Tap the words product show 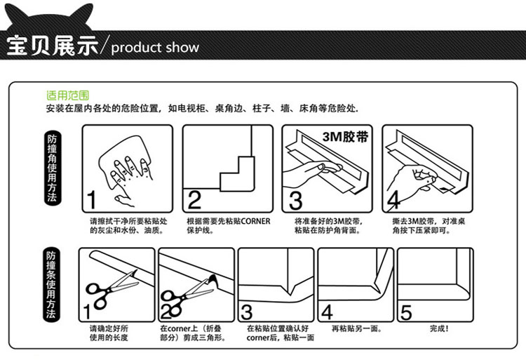coord(155,48)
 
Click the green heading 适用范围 coord(67,95)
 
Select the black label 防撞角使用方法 coord(50,168)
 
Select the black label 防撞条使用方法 coord(50,285)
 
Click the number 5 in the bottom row coord(406,311)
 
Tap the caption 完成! coord(439,328)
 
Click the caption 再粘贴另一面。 coord(356,328)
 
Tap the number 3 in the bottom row coord(247,311)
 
